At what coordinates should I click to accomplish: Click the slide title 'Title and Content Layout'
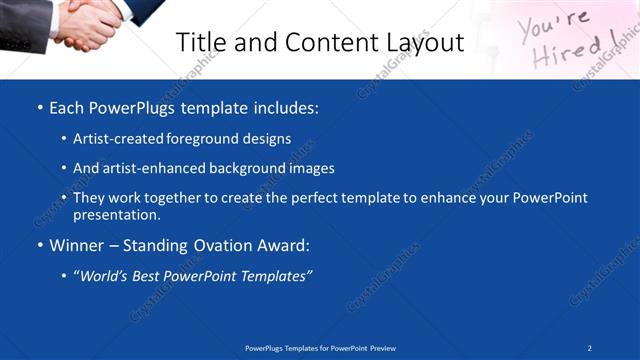coord(319,42)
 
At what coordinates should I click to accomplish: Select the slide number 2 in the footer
coord(590,348)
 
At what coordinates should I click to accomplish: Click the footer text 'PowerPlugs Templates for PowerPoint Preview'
coord(320,348)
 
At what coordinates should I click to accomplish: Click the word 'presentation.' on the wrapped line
coord(117,214)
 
